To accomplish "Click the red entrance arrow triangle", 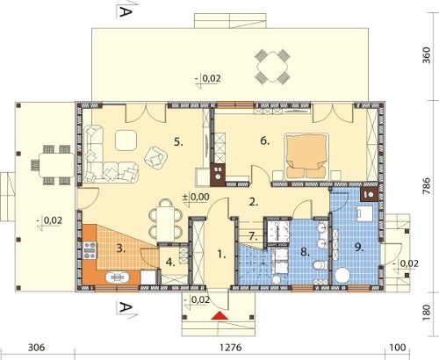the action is pos(219,315).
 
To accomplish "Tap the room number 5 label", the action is pos(178,142).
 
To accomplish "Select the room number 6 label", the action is pos(265,141).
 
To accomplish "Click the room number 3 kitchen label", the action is pos(121,249).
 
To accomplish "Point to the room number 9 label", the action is pos(359,248).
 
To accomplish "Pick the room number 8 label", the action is pos(305,252).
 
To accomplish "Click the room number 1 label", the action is pos(221,255).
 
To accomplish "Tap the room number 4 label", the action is pos(170,263).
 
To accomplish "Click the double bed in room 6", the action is pos(306,156).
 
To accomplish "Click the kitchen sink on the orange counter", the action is pos(118,277).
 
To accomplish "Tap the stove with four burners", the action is pos(90,250).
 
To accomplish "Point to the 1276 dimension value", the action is pos(231,348).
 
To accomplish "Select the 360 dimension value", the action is pos(427,55).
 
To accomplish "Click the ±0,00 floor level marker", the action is pos(196,197).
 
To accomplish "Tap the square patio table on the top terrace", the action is pos(272,67).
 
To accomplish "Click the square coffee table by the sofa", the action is pos(126,140).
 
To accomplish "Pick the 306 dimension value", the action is pos(37,348).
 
